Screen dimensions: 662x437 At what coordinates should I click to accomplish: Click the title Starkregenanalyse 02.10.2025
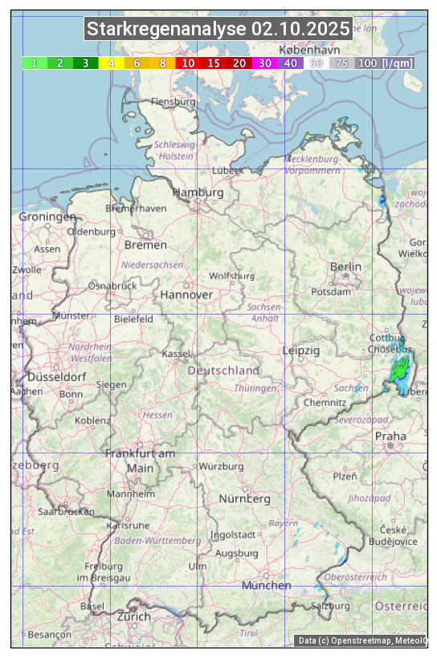218,30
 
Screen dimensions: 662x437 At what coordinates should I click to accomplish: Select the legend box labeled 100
367,63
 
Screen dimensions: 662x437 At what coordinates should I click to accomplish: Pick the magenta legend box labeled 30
265,63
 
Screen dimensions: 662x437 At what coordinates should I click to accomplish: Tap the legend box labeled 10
188,63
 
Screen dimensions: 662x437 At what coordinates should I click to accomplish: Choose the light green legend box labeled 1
35,63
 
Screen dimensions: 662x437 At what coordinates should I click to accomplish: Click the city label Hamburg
198,193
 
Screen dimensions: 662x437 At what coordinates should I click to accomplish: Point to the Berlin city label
345,266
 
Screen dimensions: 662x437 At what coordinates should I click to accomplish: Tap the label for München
266,585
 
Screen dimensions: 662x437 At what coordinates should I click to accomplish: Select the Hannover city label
186,294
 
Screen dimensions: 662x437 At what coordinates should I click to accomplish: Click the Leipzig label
301,351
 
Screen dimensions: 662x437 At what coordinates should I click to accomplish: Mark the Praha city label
390,436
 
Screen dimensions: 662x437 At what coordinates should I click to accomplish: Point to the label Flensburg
173,102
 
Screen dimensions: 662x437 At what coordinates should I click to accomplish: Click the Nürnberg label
245,498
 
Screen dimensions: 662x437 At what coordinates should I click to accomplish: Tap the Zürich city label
133,616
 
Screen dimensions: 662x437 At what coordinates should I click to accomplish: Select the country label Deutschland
223,370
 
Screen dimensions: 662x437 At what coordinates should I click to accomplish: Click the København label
314,48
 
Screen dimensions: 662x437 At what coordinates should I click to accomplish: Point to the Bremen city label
145,245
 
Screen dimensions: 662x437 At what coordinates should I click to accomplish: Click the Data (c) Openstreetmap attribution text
361,640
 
